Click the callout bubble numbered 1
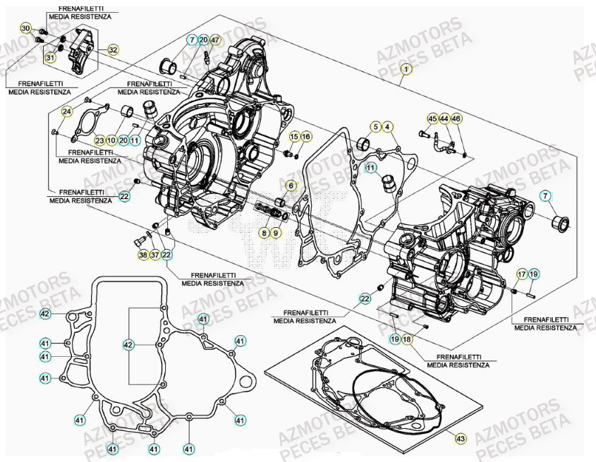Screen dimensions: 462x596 (406, 69)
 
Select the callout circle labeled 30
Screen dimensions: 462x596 (25, 28)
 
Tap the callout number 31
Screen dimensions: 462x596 (50, 57)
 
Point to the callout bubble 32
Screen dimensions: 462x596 (113, 49)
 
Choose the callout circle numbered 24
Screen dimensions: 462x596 (67, 111)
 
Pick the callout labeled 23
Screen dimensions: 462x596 (99, 140)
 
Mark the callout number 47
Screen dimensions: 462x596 (215, 40)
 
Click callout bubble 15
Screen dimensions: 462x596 (294, 135)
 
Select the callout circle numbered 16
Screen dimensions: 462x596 (305, 135)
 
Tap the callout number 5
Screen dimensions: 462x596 (376, 126)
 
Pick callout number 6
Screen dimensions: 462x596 (290, 186)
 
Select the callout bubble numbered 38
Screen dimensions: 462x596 (143, 255)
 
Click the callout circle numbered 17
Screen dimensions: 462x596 (521, 274)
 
